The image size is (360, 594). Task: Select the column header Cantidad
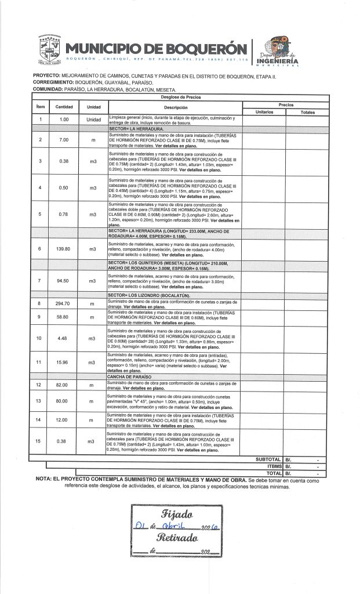(64, 107)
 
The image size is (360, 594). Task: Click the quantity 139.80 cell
(64, 249)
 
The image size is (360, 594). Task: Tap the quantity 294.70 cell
(64, 304)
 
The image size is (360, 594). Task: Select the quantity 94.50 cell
(64, 281)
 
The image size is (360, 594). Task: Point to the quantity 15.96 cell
(64, 363)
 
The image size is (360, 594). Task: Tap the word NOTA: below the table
(46, 480)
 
